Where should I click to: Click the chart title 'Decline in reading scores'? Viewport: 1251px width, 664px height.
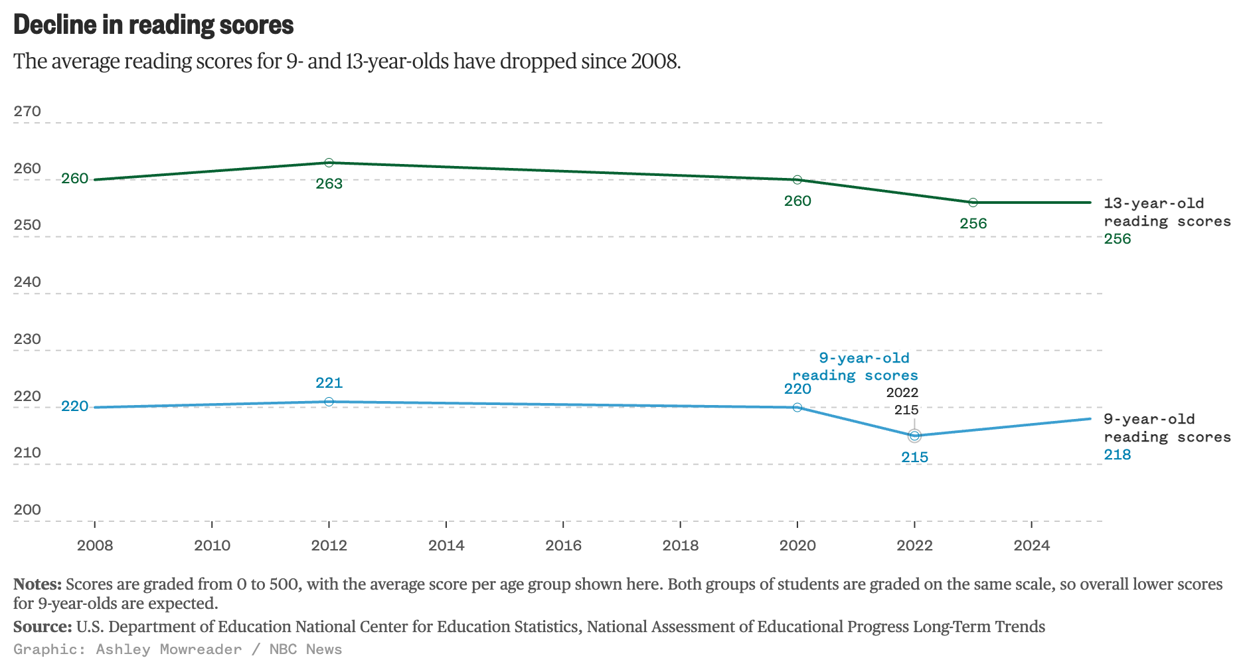153,25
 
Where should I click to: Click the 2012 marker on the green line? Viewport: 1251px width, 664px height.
329,163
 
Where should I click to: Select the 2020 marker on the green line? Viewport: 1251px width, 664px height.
797,180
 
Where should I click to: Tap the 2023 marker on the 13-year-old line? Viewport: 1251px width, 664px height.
973,203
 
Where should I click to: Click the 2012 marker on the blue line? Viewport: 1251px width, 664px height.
329,402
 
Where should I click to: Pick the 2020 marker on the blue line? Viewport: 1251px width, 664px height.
797,407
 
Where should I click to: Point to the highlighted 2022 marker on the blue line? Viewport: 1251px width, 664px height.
914,436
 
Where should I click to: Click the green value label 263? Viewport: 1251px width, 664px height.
329,184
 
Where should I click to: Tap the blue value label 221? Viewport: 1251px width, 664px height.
329,383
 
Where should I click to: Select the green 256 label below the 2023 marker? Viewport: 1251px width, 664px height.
973,224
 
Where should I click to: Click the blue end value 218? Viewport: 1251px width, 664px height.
1118,455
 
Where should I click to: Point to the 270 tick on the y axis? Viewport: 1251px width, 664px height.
27,112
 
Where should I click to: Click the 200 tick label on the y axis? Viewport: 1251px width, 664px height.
27,510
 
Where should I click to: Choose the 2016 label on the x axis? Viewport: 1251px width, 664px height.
563,546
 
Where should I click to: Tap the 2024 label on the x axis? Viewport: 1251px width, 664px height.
1031,546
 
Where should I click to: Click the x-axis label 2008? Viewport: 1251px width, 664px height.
95,546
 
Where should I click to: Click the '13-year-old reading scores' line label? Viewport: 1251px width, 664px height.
1167,212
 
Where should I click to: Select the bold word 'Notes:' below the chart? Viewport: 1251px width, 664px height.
37,584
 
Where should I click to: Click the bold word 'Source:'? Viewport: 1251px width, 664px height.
42,627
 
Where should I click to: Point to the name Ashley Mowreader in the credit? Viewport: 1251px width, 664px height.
169,649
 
